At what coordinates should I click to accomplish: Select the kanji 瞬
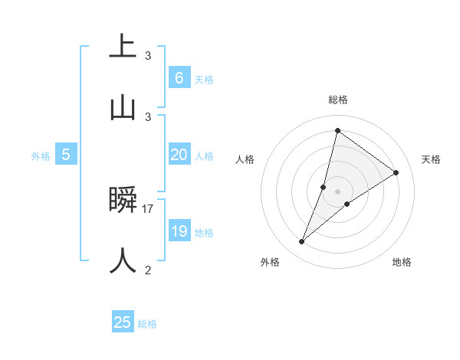[x=123, y=200]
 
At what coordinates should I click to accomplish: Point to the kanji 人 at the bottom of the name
[x=123, y=260]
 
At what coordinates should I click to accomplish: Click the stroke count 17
[x=149, y=208]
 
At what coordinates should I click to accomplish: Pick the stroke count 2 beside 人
[x=148, y=270]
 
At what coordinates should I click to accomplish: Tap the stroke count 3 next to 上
[x=148, y=55]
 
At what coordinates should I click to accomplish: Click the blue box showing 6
[x=179, y=77]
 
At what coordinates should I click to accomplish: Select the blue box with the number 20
[x=179, y=155]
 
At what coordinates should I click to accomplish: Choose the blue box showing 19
[x=179, y=231]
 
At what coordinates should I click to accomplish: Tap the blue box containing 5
[x=66, y=155]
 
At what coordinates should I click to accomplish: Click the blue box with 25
[x=123, y=322]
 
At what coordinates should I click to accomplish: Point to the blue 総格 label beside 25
[x=148, y=324]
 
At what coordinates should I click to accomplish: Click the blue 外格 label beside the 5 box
[x=41, y=156]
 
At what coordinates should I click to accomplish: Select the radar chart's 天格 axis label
[x=431, y=159]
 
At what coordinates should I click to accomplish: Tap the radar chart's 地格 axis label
[x=402, y=262]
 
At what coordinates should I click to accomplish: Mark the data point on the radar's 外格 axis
[x=302, y=242]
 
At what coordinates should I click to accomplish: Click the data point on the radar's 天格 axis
[x=396, y=172]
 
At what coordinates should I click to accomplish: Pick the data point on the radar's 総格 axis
[x=337, y=130]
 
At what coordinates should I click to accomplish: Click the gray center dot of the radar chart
[x=337, y=191]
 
